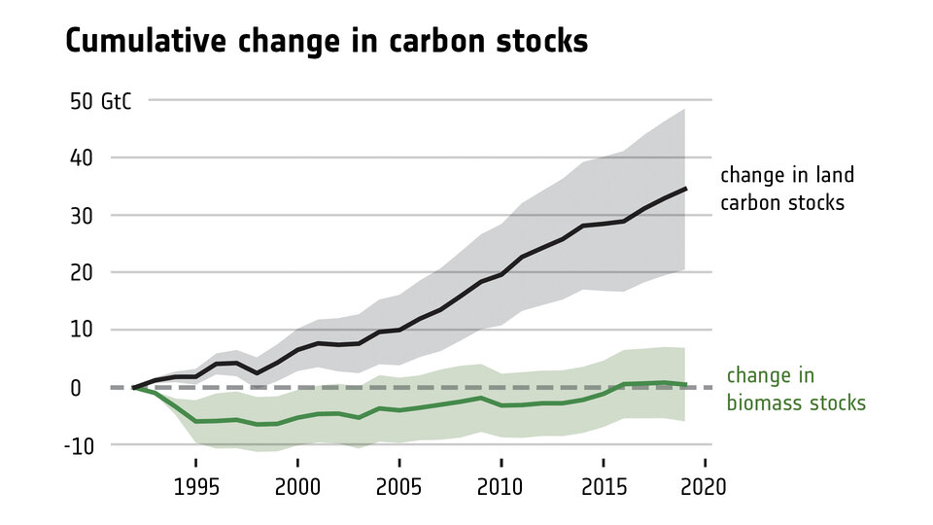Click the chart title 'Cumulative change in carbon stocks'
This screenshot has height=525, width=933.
click(326, 42)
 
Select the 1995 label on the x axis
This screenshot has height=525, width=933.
click(195, 486)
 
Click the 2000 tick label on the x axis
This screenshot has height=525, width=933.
click(297, 486)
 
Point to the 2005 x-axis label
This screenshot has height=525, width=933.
click(399, 486)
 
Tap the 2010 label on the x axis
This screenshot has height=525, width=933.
click(501, 486)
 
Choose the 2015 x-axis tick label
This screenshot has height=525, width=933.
click(604, 486)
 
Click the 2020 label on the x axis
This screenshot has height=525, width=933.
click(705, 486)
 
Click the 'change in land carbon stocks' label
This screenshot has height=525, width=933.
click(786, 189)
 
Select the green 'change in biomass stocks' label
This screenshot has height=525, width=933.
click(795, 389)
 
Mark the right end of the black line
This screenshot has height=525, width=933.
click(685, 189)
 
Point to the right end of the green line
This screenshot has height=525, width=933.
click(685, 385)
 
